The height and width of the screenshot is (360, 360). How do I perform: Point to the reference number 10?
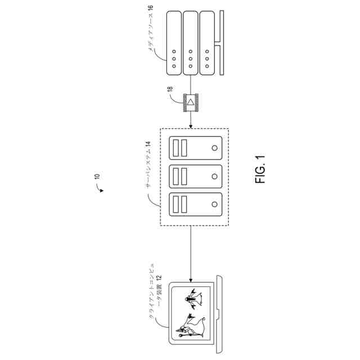point(97,179)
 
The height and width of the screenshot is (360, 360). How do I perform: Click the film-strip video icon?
point(191,102)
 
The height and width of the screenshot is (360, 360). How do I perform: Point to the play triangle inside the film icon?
point(191,102)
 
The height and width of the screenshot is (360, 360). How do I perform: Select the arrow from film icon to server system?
point(191,120)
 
